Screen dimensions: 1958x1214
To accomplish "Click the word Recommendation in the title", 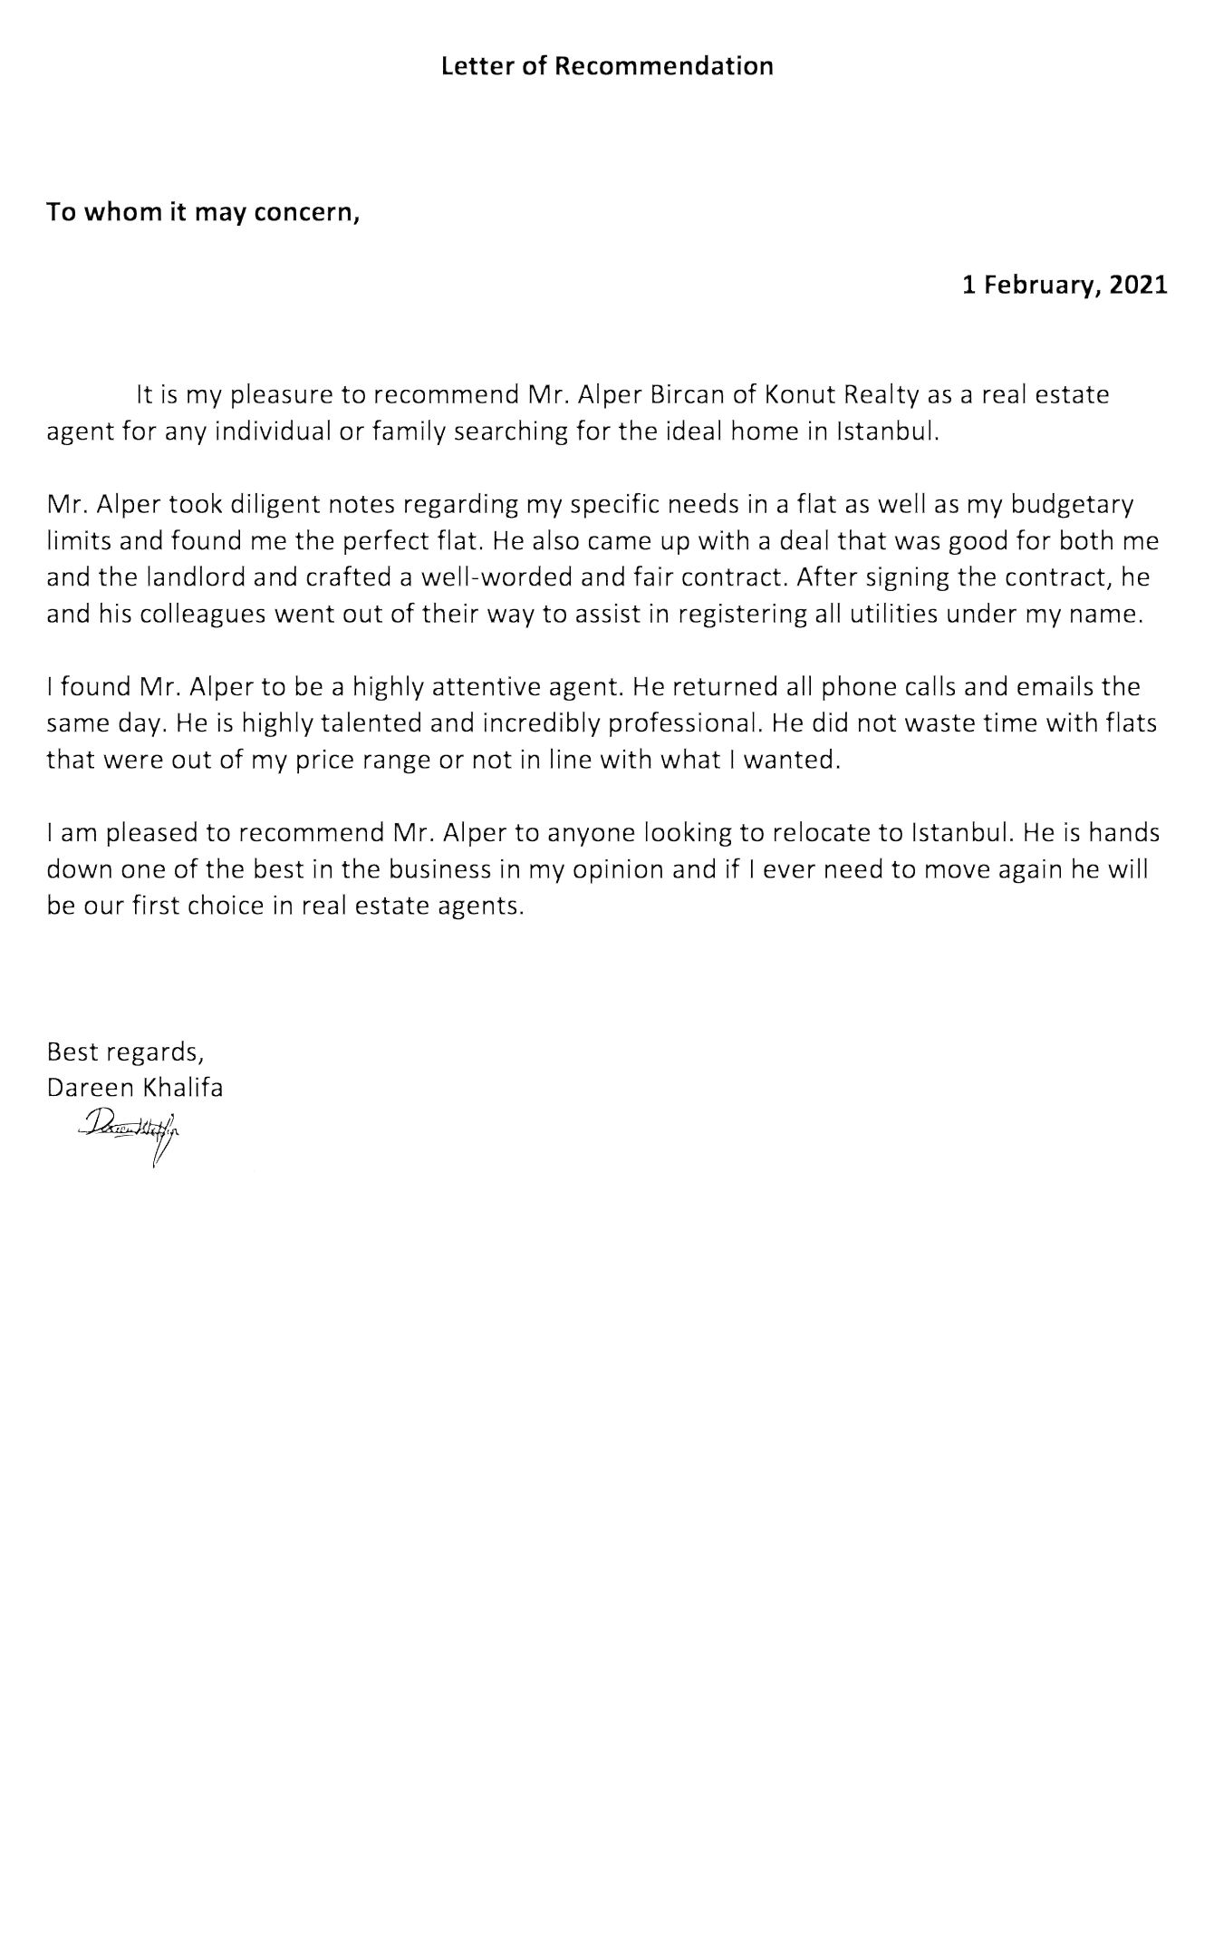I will tap(663, 66).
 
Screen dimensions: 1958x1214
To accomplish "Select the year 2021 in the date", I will tap(1139, 286).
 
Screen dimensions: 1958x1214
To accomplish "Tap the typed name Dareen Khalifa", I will tap(135, 1088).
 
